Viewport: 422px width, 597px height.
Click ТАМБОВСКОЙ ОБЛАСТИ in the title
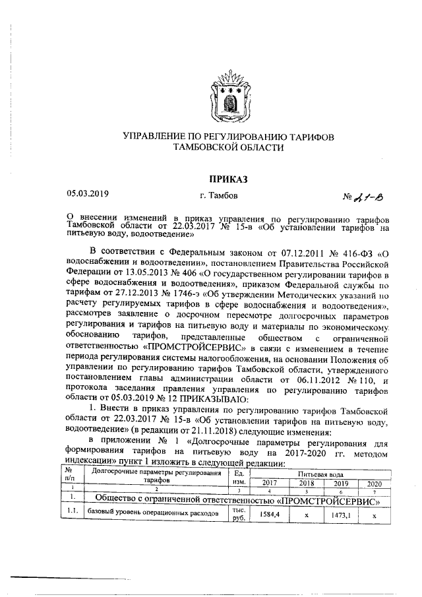227,148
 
